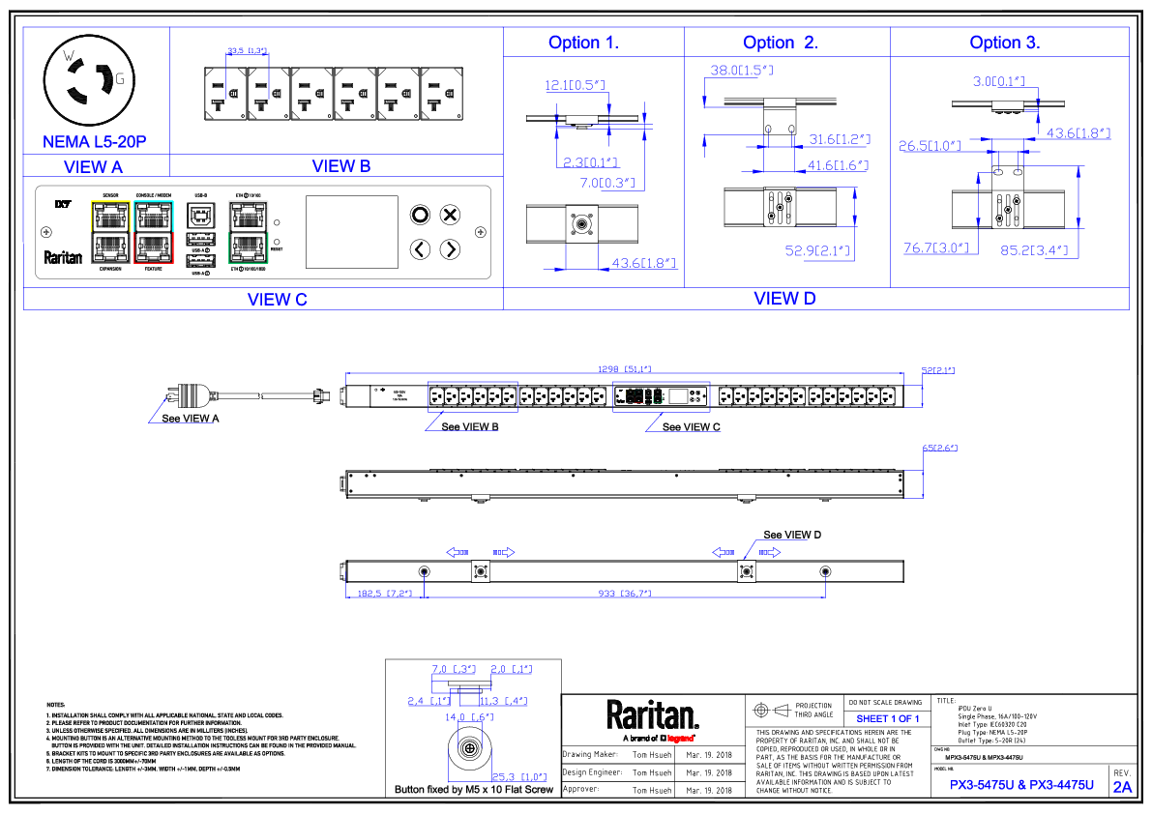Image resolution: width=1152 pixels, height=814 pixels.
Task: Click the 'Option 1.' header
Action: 583,43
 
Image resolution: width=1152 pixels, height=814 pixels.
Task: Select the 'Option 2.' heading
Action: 780,43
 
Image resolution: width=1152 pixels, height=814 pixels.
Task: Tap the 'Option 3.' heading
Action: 1004,43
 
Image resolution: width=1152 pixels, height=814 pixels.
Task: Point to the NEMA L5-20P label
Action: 95,142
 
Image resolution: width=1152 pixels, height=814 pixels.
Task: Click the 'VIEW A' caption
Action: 93,166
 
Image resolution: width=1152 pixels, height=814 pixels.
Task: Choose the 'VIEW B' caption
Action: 341,166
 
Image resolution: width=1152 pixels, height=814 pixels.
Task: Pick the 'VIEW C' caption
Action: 277,300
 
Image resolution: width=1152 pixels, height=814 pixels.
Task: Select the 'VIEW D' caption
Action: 784,299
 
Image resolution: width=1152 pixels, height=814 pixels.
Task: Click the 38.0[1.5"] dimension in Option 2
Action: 742,71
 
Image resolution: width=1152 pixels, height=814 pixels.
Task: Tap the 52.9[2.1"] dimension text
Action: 817,252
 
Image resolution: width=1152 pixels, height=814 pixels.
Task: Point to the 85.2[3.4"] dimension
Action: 1034,251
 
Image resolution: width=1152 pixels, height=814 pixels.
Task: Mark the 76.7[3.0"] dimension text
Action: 936,248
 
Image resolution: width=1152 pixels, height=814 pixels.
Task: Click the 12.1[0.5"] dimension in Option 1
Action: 575,86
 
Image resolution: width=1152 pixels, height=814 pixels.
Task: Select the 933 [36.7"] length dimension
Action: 624,594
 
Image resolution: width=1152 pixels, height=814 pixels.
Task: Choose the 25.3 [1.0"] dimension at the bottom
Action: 519,777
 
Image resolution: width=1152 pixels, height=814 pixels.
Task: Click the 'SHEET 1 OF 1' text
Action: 887,719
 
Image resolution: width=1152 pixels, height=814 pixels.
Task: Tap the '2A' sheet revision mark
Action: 1122,787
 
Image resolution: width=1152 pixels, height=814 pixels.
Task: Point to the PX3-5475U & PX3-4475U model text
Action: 1021,786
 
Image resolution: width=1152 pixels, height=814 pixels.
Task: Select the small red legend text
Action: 680,739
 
